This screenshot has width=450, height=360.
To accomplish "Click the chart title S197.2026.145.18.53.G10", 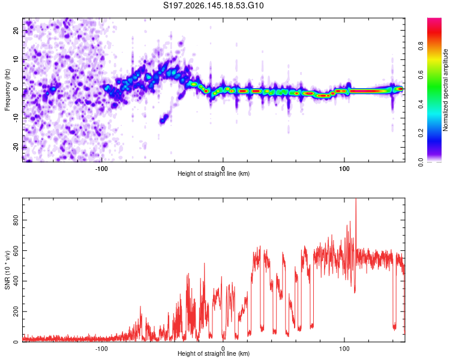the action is click(213, 5).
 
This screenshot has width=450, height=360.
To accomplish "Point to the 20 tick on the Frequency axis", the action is click(16, 30).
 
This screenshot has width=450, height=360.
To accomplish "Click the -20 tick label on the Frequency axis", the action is click(16, 147).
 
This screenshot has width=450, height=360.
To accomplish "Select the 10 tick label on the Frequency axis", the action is click(16, 59).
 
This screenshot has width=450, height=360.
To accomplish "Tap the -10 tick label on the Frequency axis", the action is click(16, 118).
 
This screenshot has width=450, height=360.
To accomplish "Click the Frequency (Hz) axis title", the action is click(7, 90).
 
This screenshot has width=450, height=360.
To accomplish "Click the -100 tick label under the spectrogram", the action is click(101, 169).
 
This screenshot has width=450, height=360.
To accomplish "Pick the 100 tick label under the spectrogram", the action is click(344, 169).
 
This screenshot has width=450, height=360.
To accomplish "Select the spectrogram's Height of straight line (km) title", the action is click(214, 173).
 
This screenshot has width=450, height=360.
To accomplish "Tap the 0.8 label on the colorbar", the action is click(421, 46).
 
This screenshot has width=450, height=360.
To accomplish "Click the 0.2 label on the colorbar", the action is click(421, 133).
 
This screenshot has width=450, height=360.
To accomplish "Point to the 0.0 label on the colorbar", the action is click(421, 162).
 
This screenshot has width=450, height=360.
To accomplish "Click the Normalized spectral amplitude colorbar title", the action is click(445, 90).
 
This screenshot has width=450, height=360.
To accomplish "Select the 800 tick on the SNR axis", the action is click(16, 220).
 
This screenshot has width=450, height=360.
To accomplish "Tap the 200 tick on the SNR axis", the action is click(16, 311).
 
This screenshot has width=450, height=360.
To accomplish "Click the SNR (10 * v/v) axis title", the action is click(7, 270).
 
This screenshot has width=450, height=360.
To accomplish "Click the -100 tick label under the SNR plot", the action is click(101, 349).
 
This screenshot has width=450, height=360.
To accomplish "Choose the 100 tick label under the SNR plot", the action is click(344, 349).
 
